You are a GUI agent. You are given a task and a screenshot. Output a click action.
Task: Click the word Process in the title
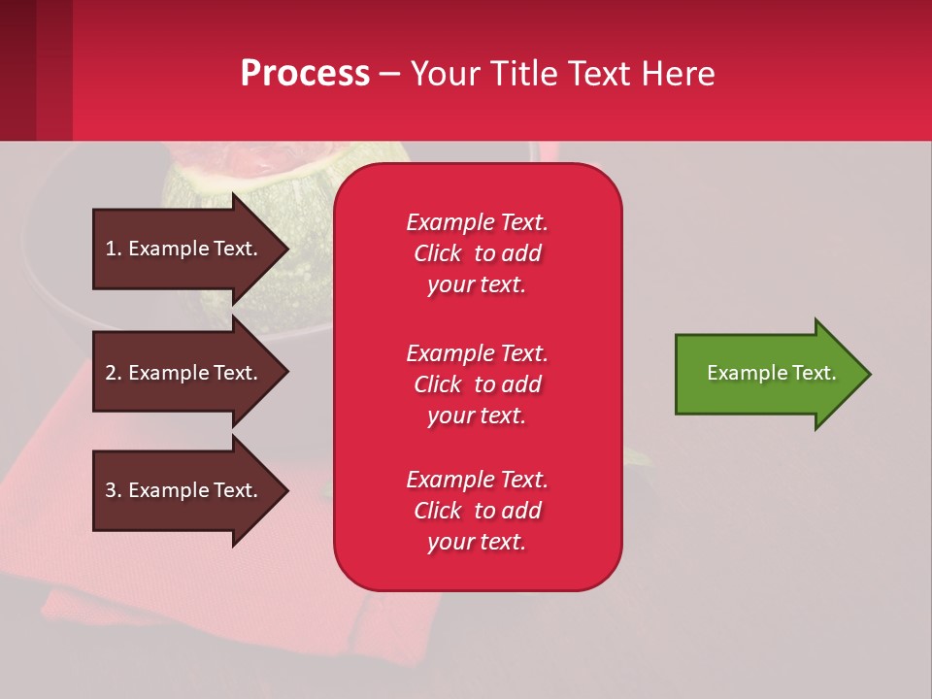pos(305,74)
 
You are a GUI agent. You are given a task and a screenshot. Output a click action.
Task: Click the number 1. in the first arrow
pos(114,249)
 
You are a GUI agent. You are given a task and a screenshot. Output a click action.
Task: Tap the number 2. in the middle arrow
pos(114,373)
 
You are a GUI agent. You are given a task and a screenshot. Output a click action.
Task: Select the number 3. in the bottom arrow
pos(114,490)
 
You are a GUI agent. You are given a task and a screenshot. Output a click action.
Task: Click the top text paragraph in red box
pos(477,253)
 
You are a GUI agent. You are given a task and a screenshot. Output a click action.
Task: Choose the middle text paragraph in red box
pos(477,384)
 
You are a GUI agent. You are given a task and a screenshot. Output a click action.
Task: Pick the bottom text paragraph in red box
pos(477,511)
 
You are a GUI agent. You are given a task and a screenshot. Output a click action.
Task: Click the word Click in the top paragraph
pos(438,253)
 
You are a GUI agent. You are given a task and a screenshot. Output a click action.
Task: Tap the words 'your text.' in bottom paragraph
pos(477,542)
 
